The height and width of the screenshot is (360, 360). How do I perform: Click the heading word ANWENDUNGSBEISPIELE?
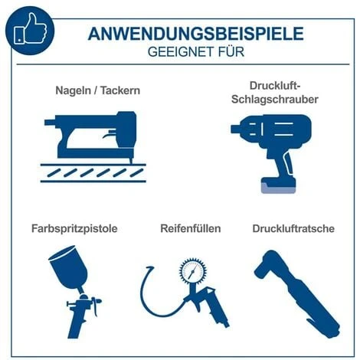tap(195, 33)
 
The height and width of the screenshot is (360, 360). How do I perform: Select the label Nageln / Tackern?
tap(97, 90)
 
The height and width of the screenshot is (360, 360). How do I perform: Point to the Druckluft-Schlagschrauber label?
tap(273, 93)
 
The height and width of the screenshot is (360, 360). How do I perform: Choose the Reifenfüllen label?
tap(190, 228)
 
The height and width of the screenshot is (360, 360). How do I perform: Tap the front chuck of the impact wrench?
tap(238, 127)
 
